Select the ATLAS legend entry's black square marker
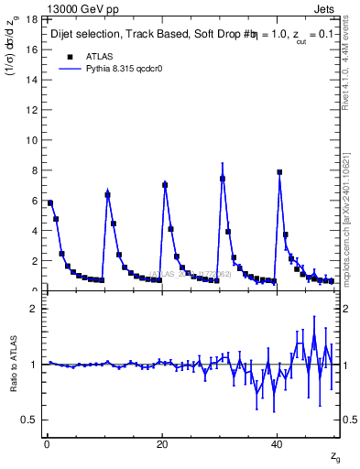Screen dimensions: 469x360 pyautogui.click(x=69, y=55)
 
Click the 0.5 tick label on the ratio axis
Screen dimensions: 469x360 pyautogui.click(x=29, y=420)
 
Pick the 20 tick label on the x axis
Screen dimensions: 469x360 pyautogui.click(x=162, y=444)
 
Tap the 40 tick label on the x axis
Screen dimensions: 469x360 pyautogui.click(x=278, y=444)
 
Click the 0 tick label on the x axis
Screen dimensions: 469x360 pyautogui.click(x=47, y=444)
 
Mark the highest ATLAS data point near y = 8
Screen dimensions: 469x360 pyautogui.click(x=279, y=172)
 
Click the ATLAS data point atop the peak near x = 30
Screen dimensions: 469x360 pyautogui.click(x=223, y=179)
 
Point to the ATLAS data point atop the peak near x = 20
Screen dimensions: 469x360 pyautogui.click(x=165, y=185)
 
